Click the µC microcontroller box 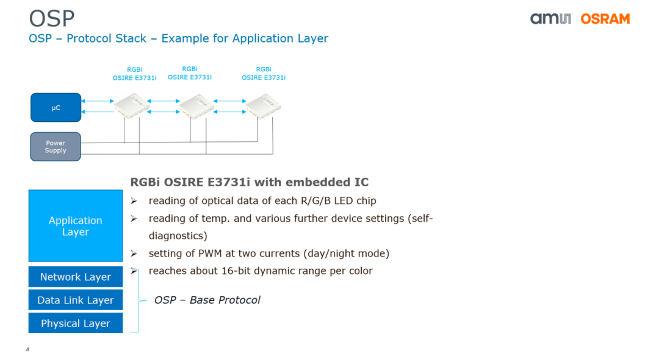(56, 108)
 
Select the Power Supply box (56, 147)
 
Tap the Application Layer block (76, 226)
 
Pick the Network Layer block (76, 277)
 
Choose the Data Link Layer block (76, 300)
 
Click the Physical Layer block (76, 323)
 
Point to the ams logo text (550, 19)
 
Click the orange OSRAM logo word (605, 19)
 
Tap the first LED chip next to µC (132, 105)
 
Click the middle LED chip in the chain (196, 105)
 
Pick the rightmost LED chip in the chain (264, 105)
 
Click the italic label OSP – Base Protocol (207, 300)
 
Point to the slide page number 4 (27, 350)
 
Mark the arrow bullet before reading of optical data (134, 201)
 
